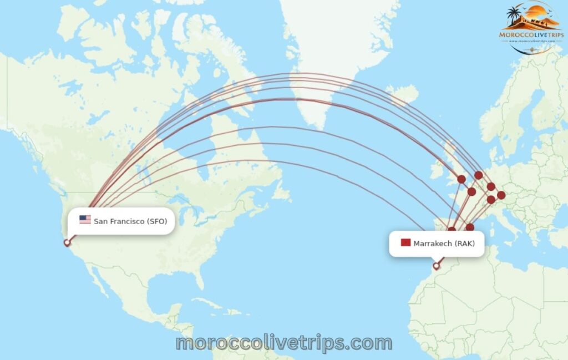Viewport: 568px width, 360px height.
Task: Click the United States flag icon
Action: [85, 220]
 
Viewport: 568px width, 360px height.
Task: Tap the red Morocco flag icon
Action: [405, 243]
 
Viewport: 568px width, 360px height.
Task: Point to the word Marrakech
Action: [433, 244]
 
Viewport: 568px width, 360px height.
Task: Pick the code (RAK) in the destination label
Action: [465, 244]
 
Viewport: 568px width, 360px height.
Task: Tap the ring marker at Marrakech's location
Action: [437, 266]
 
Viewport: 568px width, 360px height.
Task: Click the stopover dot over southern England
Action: [461, 179]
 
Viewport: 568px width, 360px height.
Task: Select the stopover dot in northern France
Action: [471, 192]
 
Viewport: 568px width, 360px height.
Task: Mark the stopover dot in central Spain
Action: [452, 230]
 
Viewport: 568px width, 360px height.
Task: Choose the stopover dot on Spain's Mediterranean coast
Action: [470, 227]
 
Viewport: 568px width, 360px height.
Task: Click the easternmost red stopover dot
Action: [501, 195]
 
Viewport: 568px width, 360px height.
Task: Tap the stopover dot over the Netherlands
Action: [479, 175]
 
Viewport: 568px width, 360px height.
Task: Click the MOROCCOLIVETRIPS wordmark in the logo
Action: [531, 34]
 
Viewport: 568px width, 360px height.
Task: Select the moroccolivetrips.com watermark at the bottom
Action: [284, 343]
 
